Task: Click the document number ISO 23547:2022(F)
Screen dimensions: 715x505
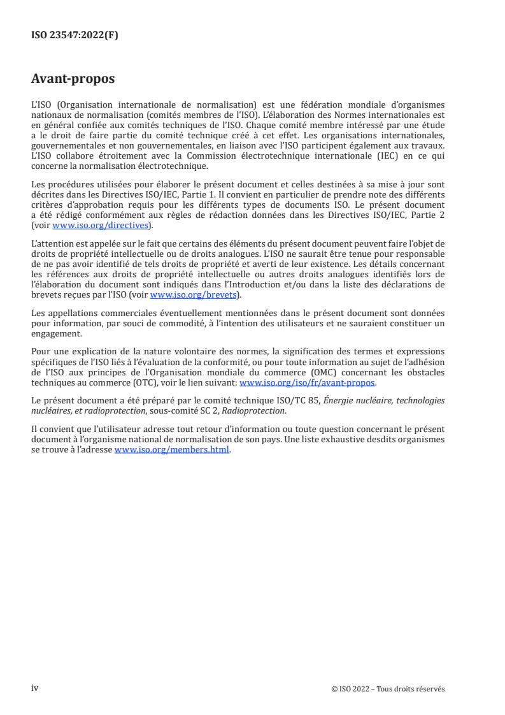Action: [75, 36]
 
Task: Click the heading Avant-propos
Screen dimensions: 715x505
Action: [73, 80]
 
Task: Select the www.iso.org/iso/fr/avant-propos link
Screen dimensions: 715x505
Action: [307, 382]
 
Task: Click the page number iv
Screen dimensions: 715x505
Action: [35, 688]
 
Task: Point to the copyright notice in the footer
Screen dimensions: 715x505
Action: [388, 688]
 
